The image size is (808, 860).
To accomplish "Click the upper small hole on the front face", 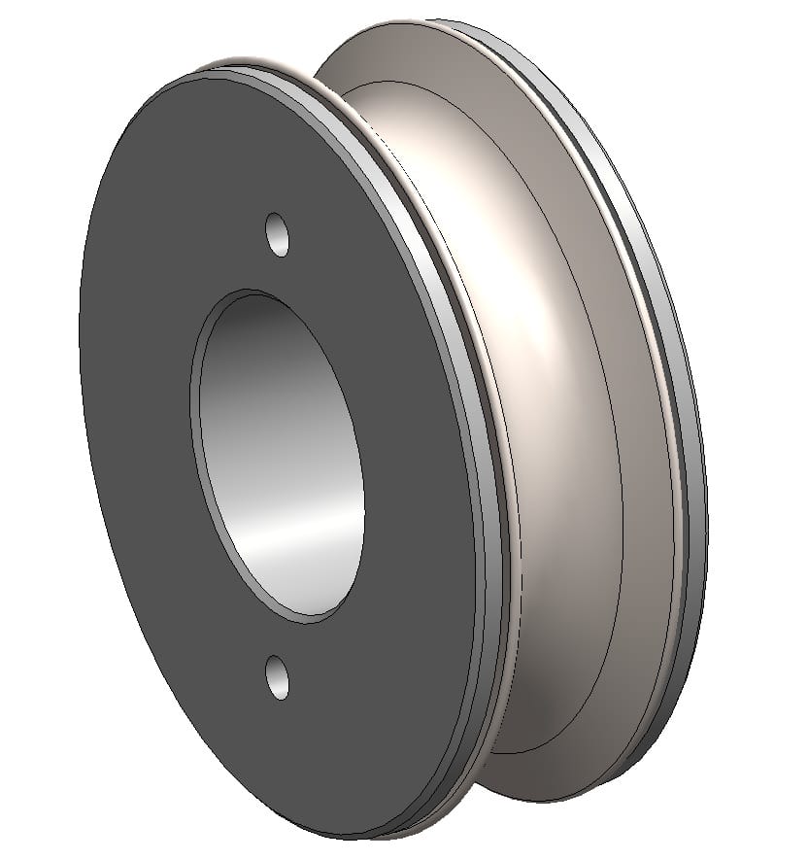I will click(x=279, y=235).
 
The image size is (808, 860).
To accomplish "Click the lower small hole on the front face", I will click(x=278, y=677).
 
